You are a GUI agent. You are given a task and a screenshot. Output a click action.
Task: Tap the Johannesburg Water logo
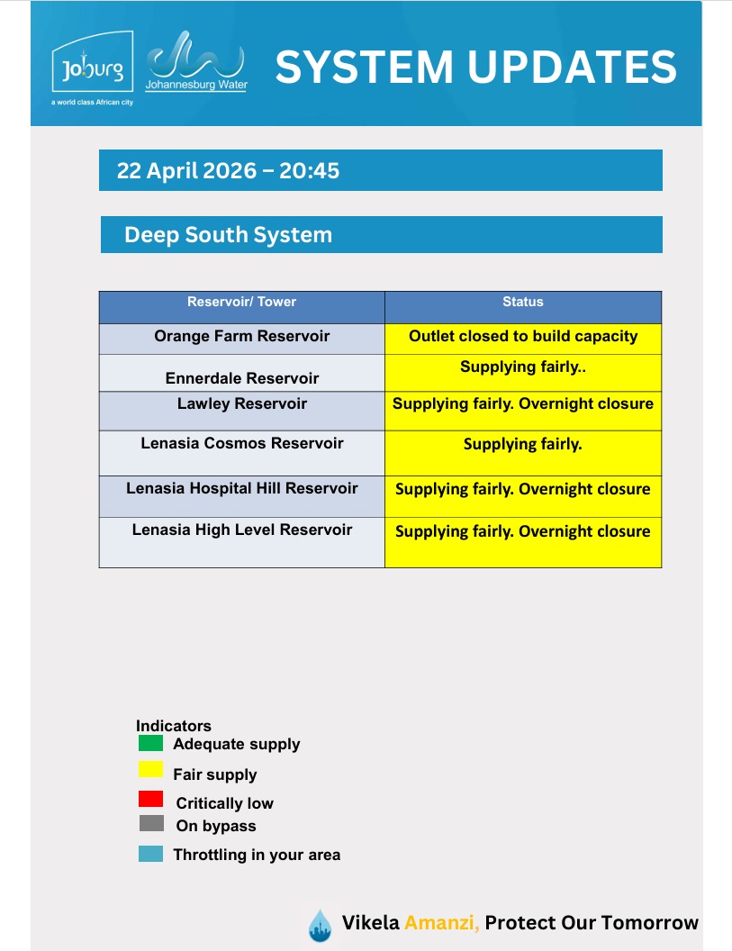(195, 61)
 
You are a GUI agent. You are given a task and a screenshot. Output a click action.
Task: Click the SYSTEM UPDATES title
(475, 68)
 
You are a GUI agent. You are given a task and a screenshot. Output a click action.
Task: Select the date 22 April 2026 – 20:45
(229, 170)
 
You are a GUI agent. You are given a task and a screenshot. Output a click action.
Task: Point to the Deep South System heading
(229, 235)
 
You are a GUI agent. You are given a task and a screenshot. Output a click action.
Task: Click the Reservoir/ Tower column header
(241, 303)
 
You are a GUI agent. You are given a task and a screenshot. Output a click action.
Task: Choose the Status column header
(522, 303)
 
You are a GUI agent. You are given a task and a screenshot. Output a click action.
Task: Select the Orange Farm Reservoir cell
(241, 337)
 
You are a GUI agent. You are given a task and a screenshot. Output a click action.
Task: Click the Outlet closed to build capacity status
(522, 337)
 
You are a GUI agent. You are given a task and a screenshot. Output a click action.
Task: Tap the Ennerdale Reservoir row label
(241, 378)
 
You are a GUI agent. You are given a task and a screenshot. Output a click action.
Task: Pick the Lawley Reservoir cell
(241, 404)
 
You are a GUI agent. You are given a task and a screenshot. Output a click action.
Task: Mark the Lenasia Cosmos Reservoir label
(241, 444)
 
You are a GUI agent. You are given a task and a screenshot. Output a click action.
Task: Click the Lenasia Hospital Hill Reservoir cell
(241, 489)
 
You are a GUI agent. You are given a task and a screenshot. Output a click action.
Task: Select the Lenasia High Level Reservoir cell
(241, 530)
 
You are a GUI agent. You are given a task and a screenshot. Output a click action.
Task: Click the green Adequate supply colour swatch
(150, 744)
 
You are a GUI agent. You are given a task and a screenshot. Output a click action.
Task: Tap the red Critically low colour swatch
(150, 799)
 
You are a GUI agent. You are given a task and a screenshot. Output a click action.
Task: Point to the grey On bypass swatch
(150, 823)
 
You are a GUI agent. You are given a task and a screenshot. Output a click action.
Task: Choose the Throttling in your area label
(257, 855)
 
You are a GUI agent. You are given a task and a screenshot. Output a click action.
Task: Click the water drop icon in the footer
(320, 925)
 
